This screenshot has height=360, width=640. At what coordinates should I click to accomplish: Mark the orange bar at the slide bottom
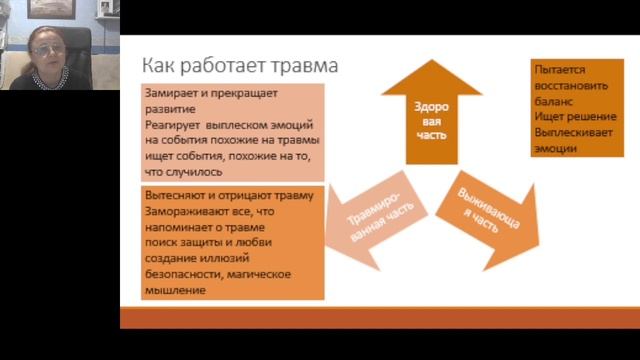tap(379, 318)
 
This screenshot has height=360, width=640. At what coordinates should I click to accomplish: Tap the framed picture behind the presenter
tap(50, 9)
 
